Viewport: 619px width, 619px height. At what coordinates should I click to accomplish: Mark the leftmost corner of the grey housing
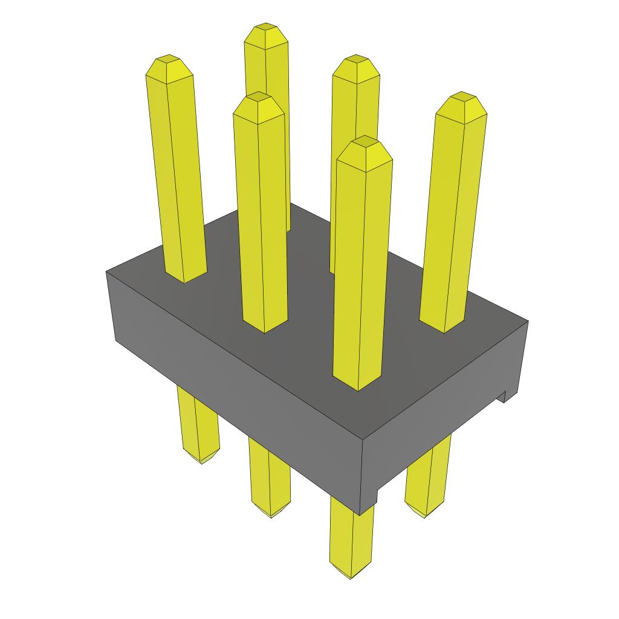[107, 272]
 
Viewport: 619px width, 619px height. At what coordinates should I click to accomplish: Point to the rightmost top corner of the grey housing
[527, 320]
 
